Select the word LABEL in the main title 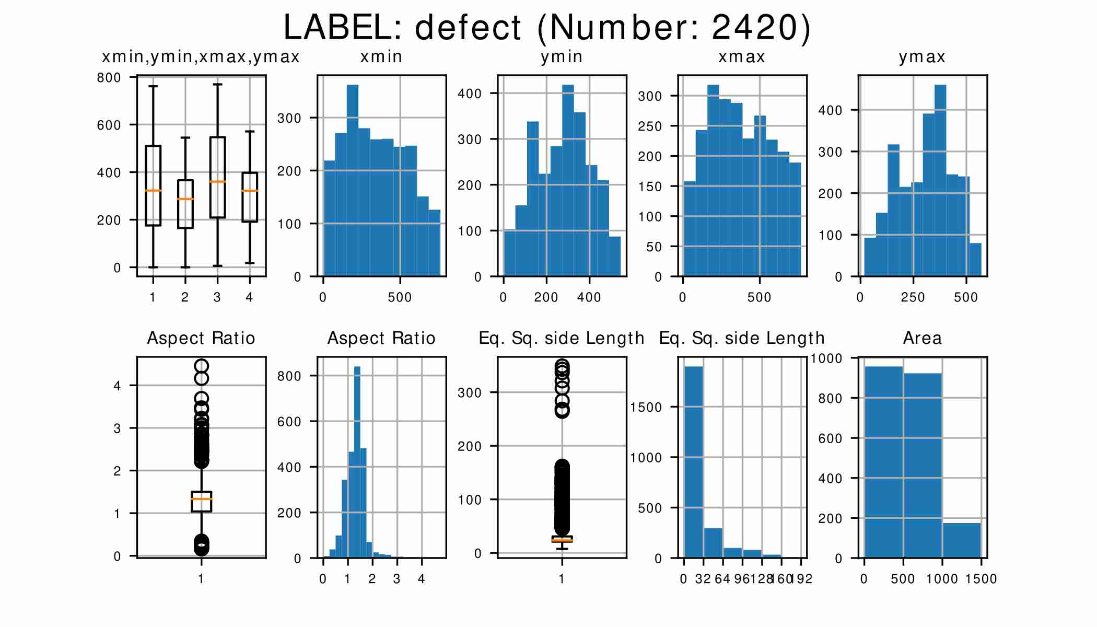pos(342,27)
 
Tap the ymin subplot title pos(562,56)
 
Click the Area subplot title pos(923,338)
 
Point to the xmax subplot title pos(742,56)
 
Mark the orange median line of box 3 pos(217,182)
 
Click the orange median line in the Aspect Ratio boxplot pos(201,499)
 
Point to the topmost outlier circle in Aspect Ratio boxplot pos(201,366)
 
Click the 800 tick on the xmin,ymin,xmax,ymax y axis pos(109,78)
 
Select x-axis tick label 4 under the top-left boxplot pos(249,297)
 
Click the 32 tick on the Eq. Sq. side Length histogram pos(703,579)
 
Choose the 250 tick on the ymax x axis pos(913,297)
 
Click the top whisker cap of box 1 pos(153,86)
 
